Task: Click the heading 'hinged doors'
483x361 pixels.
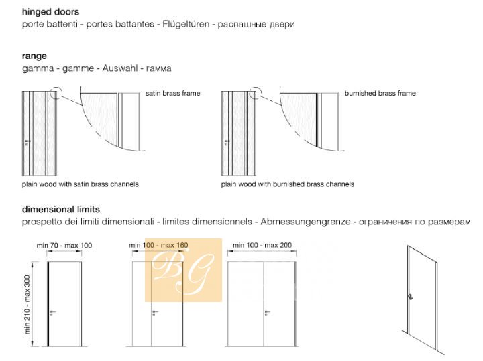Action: tap(50, 12)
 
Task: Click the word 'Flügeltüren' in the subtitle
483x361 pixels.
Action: tap(186, 24)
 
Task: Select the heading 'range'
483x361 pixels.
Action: tap(34, 56)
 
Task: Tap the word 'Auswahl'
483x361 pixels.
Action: tap(120, 68)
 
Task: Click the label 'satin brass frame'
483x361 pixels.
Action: tap(173, 93)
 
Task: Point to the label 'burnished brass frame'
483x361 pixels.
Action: tap(380, 93)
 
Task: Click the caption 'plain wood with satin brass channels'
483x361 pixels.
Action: tap(80, 184)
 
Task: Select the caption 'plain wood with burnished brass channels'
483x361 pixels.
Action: tap(288, 184)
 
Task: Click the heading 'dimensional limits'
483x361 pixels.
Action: tap(61, 210)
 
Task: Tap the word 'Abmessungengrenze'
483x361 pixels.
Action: tap(305, 222)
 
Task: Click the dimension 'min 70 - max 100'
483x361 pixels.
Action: tap(64, 245)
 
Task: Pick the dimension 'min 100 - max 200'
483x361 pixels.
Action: tap(262, 245)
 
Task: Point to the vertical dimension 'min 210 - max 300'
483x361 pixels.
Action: tap(28, 304)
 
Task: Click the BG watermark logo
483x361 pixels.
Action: tap(184, 270)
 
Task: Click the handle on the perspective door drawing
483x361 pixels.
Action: tap(411, 297)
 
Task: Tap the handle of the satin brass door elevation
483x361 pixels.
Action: tap(27, 142)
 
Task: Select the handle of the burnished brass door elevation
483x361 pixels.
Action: tap(227, 142)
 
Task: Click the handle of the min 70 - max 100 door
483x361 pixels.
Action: tap(52, 313)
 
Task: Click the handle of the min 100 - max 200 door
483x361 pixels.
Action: tap(267, 313)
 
